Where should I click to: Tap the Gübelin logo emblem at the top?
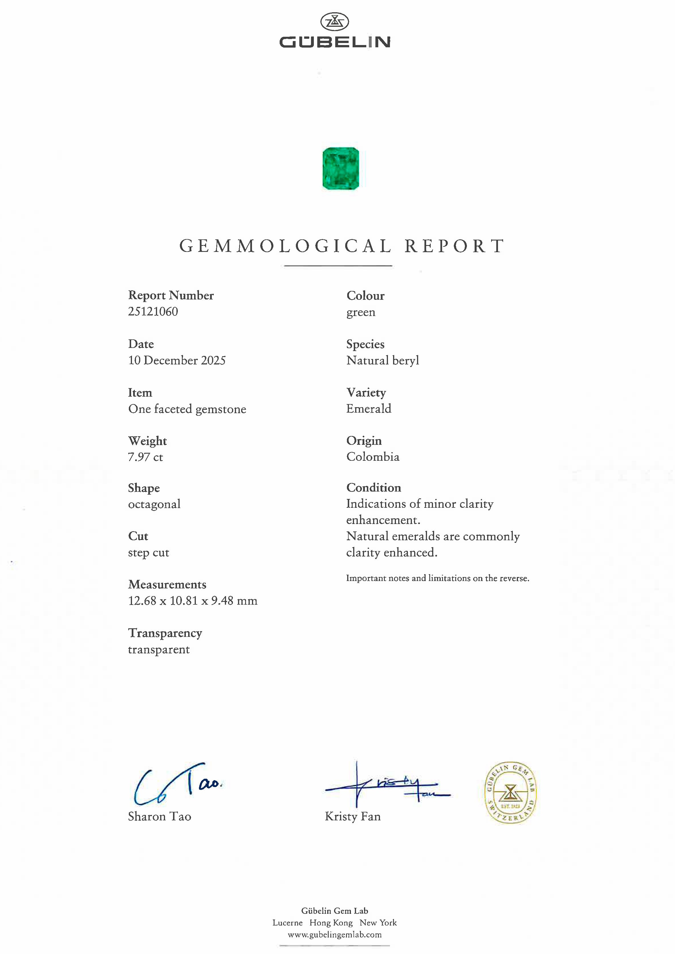coord(335,22)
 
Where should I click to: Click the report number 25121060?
coord(153,312)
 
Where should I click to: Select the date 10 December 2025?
coord(177,360)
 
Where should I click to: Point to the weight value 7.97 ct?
coord(145,457)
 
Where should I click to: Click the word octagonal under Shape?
coord(154,504)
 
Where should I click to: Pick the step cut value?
coord(149,553)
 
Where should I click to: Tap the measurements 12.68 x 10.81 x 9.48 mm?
coord(192,601)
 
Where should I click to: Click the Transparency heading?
coord(165,633)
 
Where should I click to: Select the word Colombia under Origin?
coord(373,457)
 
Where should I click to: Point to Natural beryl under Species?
coord(382,360)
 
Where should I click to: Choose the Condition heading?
coord(374,487)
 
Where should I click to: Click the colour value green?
coord(361,312)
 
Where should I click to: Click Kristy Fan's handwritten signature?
coord(387,785)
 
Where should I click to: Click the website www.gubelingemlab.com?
coord(335,934)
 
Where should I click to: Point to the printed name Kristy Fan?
coord(352,816)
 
